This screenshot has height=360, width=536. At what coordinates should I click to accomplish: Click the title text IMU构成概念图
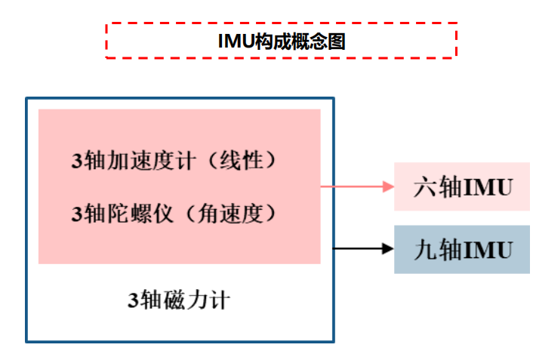click(x=281, y=42)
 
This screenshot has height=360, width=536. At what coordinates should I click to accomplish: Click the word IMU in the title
click(x=233, y=42)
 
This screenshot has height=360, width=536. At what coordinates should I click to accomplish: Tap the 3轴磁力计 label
click(x=179, y=300)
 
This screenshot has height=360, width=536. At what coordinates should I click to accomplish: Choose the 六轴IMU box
click(x=461, y=186)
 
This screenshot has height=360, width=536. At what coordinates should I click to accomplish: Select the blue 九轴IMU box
click(x=461, y=249)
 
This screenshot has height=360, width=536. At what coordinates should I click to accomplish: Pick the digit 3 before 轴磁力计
click(x=132, y=301)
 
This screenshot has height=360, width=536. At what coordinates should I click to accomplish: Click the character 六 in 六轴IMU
click(x=424, y=186)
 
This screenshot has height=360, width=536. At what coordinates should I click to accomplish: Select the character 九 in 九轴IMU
click(x=424, y=249)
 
